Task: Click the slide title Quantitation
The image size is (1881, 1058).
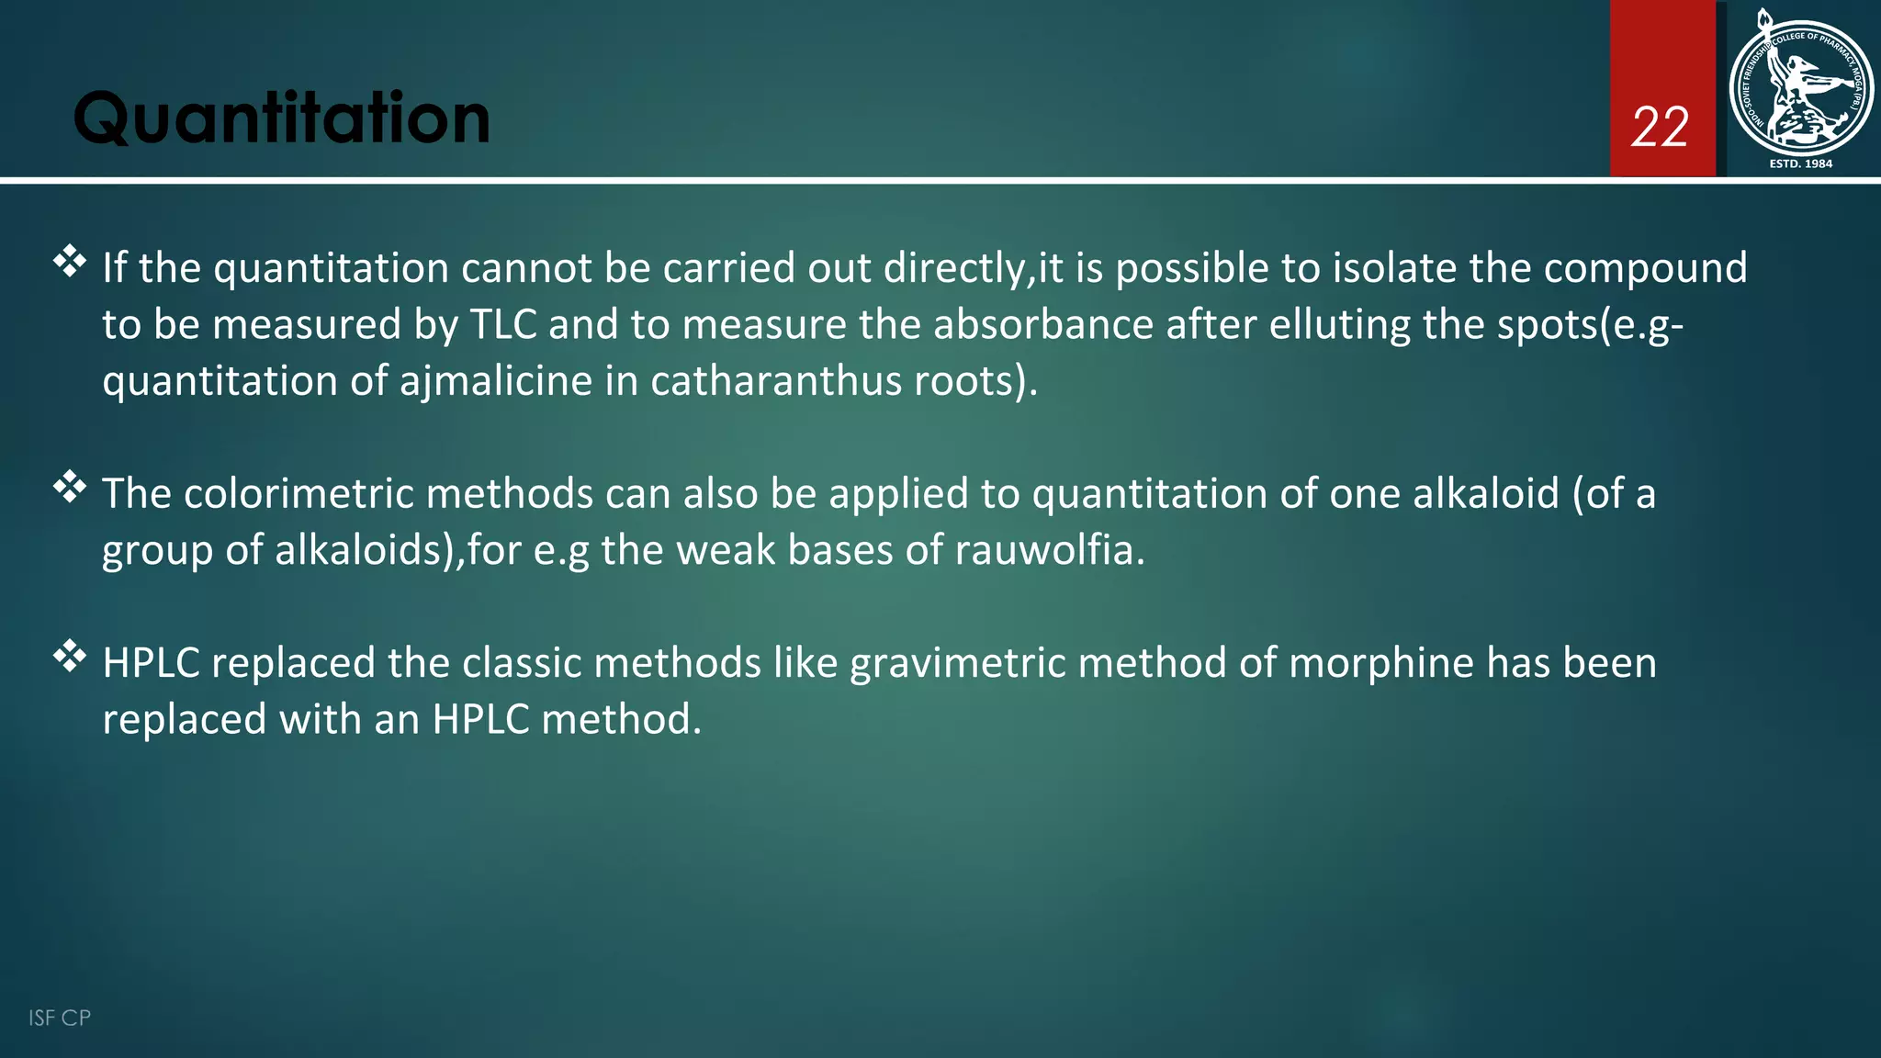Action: [x=281, y=119]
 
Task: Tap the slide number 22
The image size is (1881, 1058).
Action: [x=1660, y=128]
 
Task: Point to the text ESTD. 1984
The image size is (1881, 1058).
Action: [x=1800, y=163]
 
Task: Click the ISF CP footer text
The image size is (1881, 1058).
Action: [x=60, y=1018]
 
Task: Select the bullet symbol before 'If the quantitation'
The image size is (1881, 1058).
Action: [x=70, y=263]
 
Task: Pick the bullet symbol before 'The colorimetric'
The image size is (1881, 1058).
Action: [x=70, y=488]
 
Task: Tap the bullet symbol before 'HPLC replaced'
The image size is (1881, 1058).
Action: [x=70, y=657]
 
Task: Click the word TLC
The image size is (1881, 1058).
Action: [x=503, y=325]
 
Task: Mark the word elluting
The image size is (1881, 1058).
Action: [x=1339, y=325]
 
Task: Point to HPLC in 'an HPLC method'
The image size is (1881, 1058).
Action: [x=481, y=719]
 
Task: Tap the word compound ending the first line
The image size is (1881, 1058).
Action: [x=1645, y=269]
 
